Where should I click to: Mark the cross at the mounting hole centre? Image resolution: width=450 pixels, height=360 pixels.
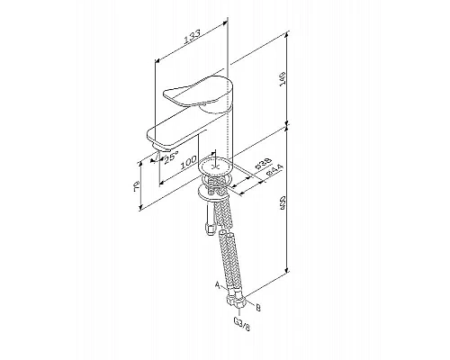216,167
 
